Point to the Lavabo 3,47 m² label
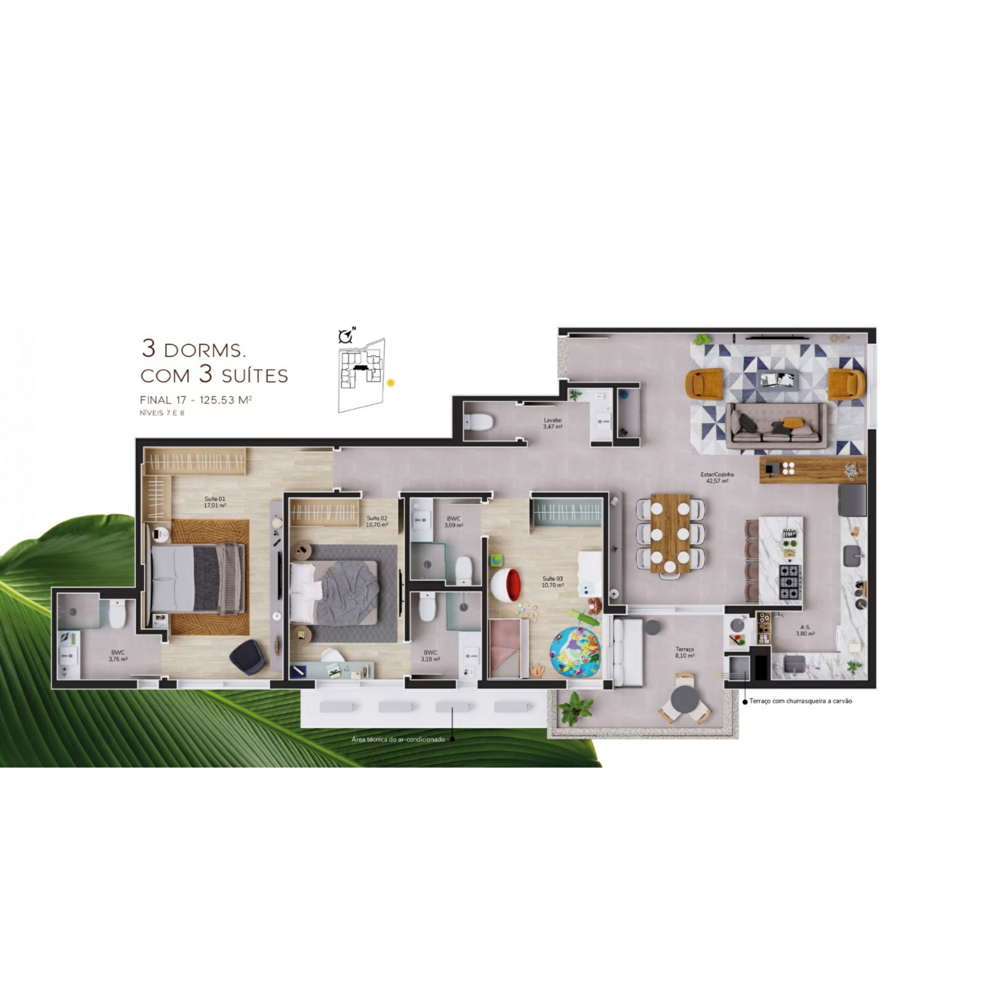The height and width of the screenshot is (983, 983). pyautogui.click(x=552, y=424)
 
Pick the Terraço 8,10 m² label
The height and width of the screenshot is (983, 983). pyautogui.click(x=685, y=653)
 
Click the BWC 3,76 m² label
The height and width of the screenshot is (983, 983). pyautogui.click(x=118, y=656)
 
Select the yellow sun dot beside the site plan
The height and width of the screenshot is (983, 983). pyautogui.click(x=391, y=383)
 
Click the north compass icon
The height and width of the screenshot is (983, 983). pyautogui.click(x=347, y=336)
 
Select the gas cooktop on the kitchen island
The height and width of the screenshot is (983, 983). pyautogui.click(x=790, y=582)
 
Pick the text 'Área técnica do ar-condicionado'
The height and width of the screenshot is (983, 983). pyautogui.click(x=398, y=739)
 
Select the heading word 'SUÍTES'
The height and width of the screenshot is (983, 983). pyautogui.click(x=255, y=376)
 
